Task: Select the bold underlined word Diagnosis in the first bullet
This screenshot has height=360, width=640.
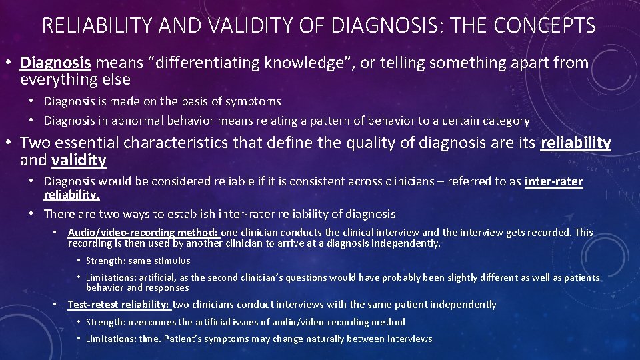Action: [55, 63]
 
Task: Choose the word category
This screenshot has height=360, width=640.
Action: [506, 121]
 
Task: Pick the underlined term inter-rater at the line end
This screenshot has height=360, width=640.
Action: [553, 181]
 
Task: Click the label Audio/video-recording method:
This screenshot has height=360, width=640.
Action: [143, 233]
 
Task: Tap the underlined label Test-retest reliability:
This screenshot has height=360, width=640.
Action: [119, 305]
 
